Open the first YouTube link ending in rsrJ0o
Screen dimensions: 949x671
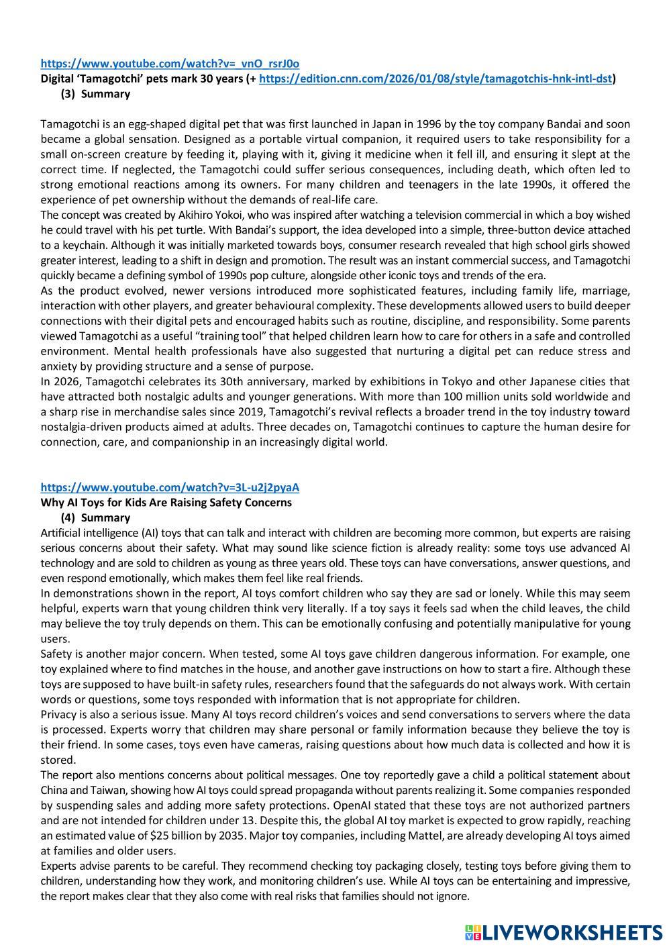170,64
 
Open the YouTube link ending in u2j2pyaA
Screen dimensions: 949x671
170,487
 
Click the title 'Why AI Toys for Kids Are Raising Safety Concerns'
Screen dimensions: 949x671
166,502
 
